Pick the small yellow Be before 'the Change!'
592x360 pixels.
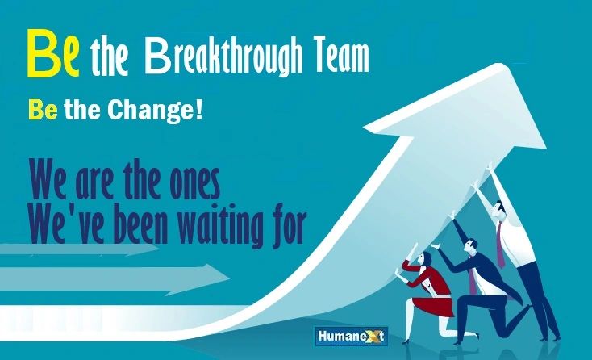(x=42, y=110)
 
